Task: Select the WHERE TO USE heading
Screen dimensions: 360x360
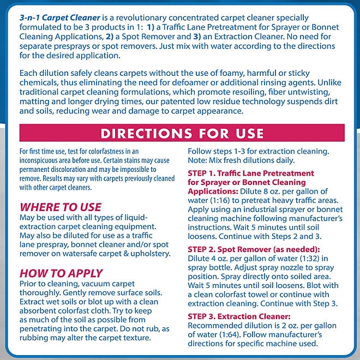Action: click(60, 207)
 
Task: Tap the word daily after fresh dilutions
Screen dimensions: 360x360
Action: click(283, 160)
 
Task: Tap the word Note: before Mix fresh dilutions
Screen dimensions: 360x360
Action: click(199, 160)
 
